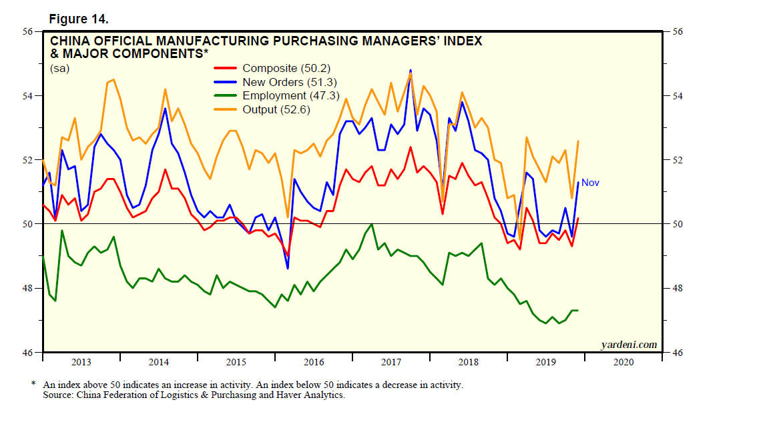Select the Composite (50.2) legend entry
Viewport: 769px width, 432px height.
[x=286, y=68]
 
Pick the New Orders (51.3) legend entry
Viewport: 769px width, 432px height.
[x=290, y=82]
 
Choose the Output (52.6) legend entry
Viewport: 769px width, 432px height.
[x=276, y=110]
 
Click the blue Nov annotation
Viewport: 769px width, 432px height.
[x=590, y=182]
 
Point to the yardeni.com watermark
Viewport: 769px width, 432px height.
[x=629, y=345]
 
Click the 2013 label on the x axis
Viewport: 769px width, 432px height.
[x=81, y=362]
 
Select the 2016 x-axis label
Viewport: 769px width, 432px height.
[x=313, y=362]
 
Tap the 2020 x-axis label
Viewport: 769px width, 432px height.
[x=623, y=362]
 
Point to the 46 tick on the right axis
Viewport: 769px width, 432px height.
[x=676, y=353]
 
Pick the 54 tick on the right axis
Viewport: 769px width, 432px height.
[x=676, y=96]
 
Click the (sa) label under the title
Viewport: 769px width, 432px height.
[x=59, y=67]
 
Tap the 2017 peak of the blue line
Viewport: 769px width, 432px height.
[x=411, y=70]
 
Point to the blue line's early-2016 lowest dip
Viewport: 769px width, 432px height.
[x=288, y=268]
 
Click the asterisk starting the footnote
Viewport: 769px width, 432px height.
[x=33, y=385]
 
